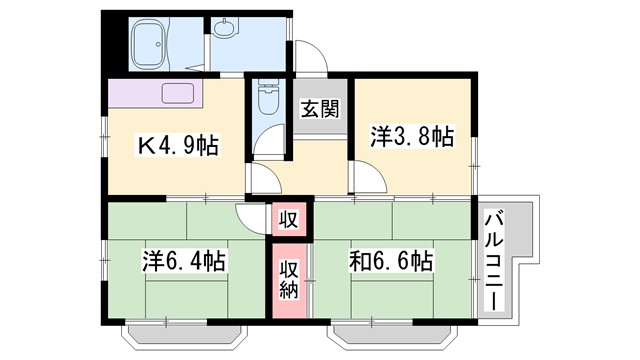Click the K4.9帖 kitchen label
[x=177, y=146]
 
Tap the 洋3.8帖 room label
[x=412, y=135]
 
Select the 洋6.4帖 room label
[x=183, y=261]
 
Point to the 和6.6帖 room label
[x=391, y=261]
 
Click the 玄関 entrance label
[x=320, y=108]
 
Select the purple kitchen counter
[x=155, y=94]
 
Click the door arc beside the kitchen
[x=262, y=181]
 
